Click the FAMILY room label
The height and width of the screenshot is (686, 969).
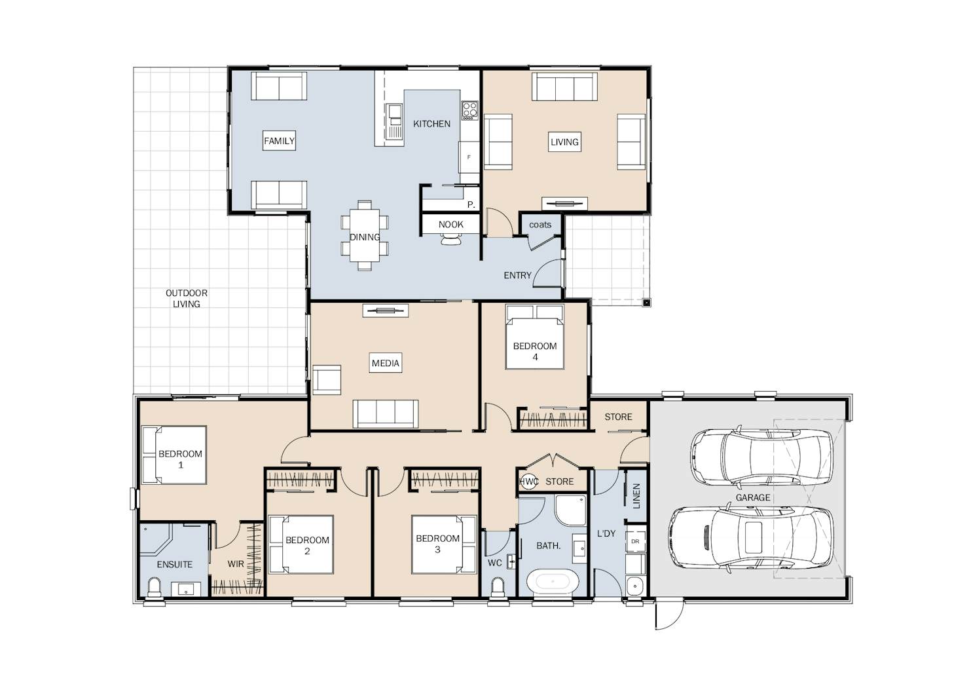tap(279, 141)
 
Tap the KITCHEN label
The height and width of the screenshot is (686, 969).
tap(431, 124)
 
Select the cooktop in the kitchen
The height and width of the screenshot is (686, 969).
tap(470, 110)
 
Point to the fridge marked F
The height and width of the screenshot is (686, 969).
tap(469, 157)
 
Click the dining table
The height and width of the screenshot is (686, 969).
tap(365, 235)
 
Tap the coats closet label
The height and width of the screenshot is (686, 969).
tap(540, 225)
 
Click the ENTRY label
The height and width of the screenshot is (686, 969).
tap(517, 275)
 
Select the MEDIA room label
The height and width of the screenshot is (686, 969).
tap(386, 363)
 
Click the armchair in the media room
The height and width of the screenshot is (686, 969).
tap(327, 380)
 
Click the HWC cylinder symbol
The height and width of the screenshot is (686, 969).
tap(528, 482)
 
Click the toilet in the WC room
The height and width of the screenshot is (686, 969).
tap(498, 588)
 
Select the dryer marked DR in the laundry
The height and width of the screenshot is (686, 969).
tap(635, 541)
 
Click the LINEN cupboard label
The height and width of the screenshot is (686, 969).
tap(636, 496)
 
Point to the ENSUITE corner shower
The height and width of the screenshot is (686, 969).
tap(156, 539)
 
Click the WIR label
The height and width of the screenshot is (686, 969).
tap(236, 564)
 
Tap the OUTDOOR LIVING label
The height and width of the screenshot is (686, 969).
tap(187, 299)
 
